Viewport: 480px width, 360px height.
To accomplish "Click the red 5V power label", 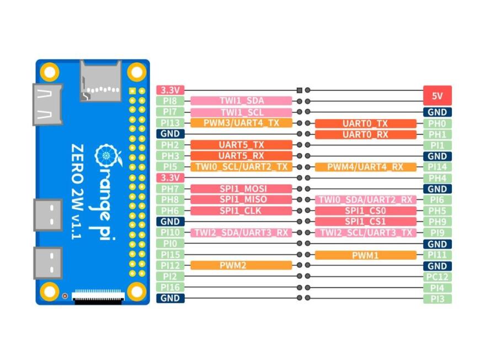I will pos(437,95).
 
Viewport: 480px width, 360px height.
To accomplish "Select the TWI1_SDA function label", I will pos(241,101).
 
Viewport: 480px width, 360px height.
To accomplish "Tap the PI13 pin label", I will pos(170,123).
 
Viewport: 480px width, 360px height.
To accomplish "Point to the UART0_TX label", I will pos(365,123).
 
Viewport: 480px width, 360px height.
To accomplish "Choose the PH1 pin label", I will pos(437,134).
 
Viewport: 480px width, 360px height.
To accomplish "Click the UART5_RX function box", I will pos(241,156).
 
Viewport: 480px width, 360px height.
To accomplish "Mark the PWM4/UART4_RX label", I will pos(365,167).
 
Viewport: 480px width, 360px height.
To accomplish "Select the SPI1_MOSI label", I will pos(241,189).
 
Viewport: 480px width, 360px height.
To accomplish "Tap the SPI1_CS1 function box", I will pos(365,222).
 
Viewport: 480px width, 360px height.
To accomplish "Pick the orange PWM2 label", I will pos(241,266).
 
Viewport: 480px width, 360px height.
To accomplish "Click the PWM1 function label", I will pos(365,255).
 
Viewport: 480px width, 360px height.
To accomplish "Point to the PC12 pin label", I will pos(437,277).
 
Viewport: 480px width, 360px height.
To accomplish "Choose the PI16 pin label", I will pos(170,287).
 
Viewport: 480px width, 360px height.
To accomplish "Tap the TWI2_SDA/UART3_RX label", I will pos(241,233).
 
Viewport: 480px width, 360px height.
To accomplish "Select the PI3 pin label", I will pos(437,299).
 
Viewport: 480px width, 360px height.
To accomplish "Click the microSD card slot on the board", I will pos(100,80).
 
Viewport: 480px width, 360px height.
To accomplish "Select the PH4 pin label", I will pos(437,178).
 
